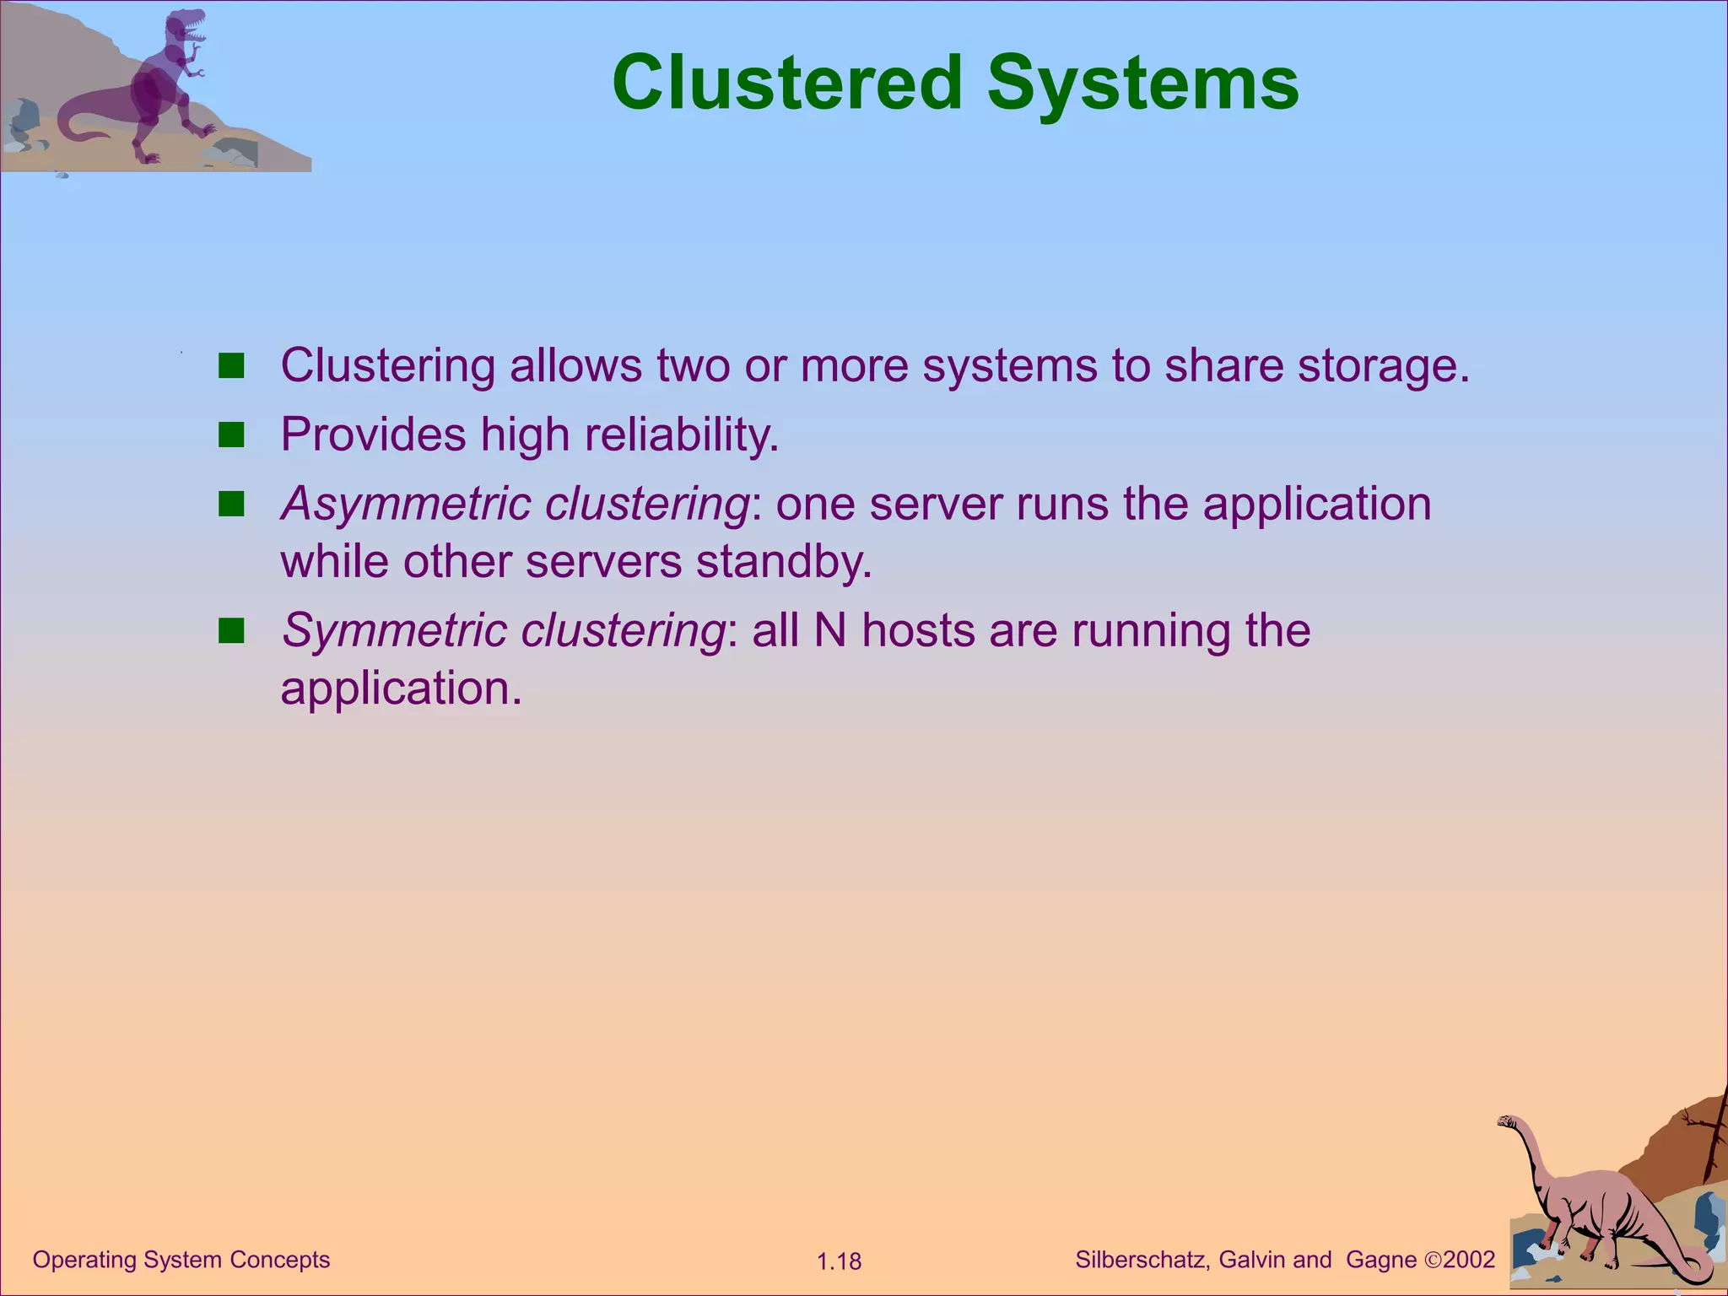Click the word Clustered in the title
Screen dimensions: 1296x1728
click(x=786, y=83)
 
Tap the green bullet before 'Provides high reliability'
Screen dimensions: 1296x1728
click(x=230, y=435)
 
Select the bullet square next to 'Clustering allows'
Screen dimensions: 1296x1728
click(x=230, y=366)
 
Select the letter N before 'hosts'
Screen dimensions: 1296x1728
click(x=830, y=630)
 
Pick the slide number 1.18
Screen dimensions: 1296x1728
click(x=839, y=1261)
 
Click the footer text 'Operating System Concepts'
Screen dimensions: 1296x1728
click(x=181, y=1260)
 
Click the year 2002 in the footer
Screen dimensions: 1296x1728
click(x=1469, y=1260)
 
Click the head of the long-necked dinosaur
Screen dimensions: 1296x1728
click(x=1506, y=1121)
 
